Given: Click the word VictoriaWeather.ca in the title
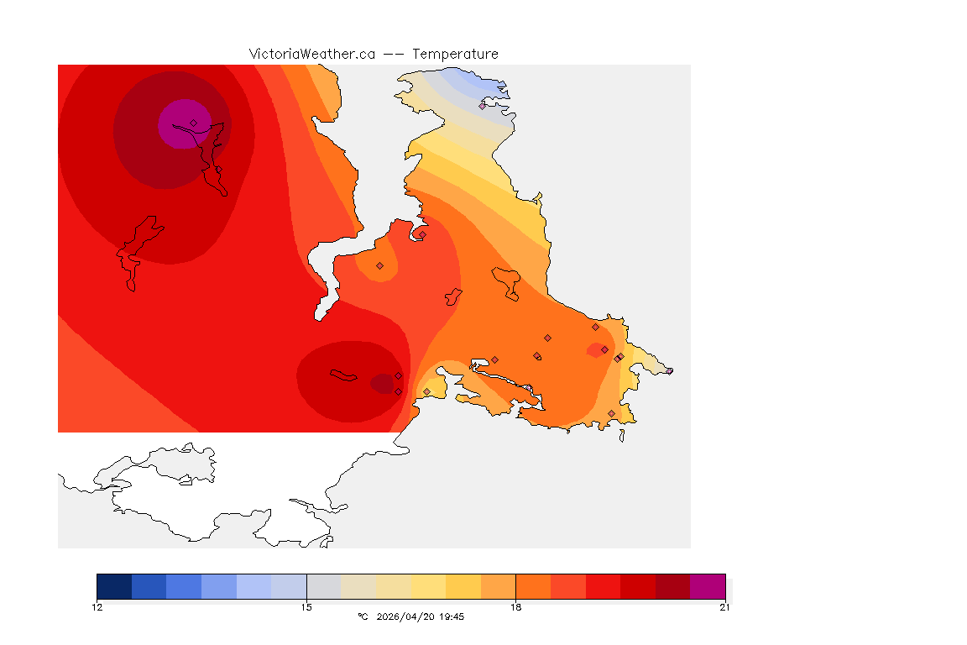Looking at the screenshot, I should pyautogui.click(x=311, y=54).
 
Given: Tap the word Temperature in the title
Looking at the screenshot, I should pyautogui.click(x=455, y=54).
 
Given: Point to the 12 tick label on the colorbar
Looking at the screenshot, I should pyautogui.click(x=97, y=607).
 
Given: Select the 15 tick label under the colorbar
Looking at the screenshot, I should pyautogui.click(x=306, y=607).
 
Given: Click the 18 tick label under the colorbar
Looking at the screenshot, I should pyautogui.click(x=515, y=607).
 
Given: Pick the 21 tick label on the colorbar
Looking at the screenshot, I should pyautogui.click(x=724, y=607).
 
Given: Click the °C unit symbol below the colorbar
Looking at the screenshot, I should pyautogui.click(x=363, y=616).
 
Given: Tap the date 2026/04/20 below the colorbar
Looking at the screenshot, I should pyautogui.click(x=405, y=616).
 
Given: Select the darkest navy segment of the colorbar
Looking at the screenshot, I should pyautogui.click(x=114, y=585).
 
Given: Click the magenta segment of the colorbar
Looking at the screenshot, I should pyautogui.click(x=707, y=585).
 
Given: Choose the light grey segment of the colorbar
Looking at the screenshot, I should pyautogui.click(x=323, y=585).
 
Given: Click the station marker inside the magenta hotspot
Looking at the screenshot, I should pyautogui.click(x=193, y=123).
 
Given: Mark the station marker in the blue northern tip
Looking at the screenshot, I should pyautogui.click(x=483, y=106).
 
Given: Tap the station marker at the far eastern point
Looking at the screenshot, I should pyautogui.click(x=669, y=370).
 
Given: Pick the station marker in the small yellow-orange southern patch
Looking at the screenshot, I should pyautogui.click(x=426, y=391).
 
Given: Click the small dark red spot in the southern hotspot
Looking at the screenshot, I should pyautogui.click(x=382, y=384).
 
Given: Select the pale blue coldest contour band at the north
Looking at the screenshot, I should pyautogui.click(x=470, y=81).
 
